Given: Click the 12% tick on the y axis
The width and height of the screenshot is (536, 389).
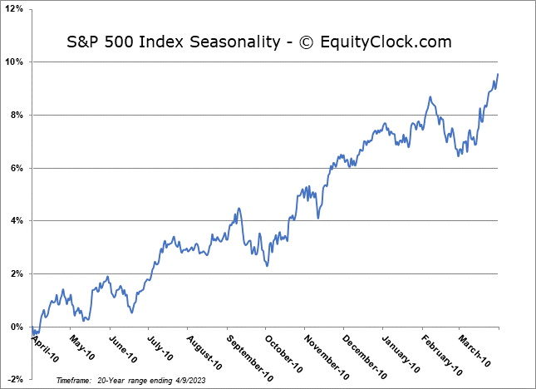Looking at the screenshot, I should tap(17, 9).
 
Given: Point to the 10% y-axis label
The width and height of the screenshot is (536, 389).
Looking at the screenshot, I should tap(17, 62).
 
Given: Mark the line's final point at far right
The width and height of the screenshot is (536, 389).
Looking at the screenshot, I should tap(498, 75).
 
